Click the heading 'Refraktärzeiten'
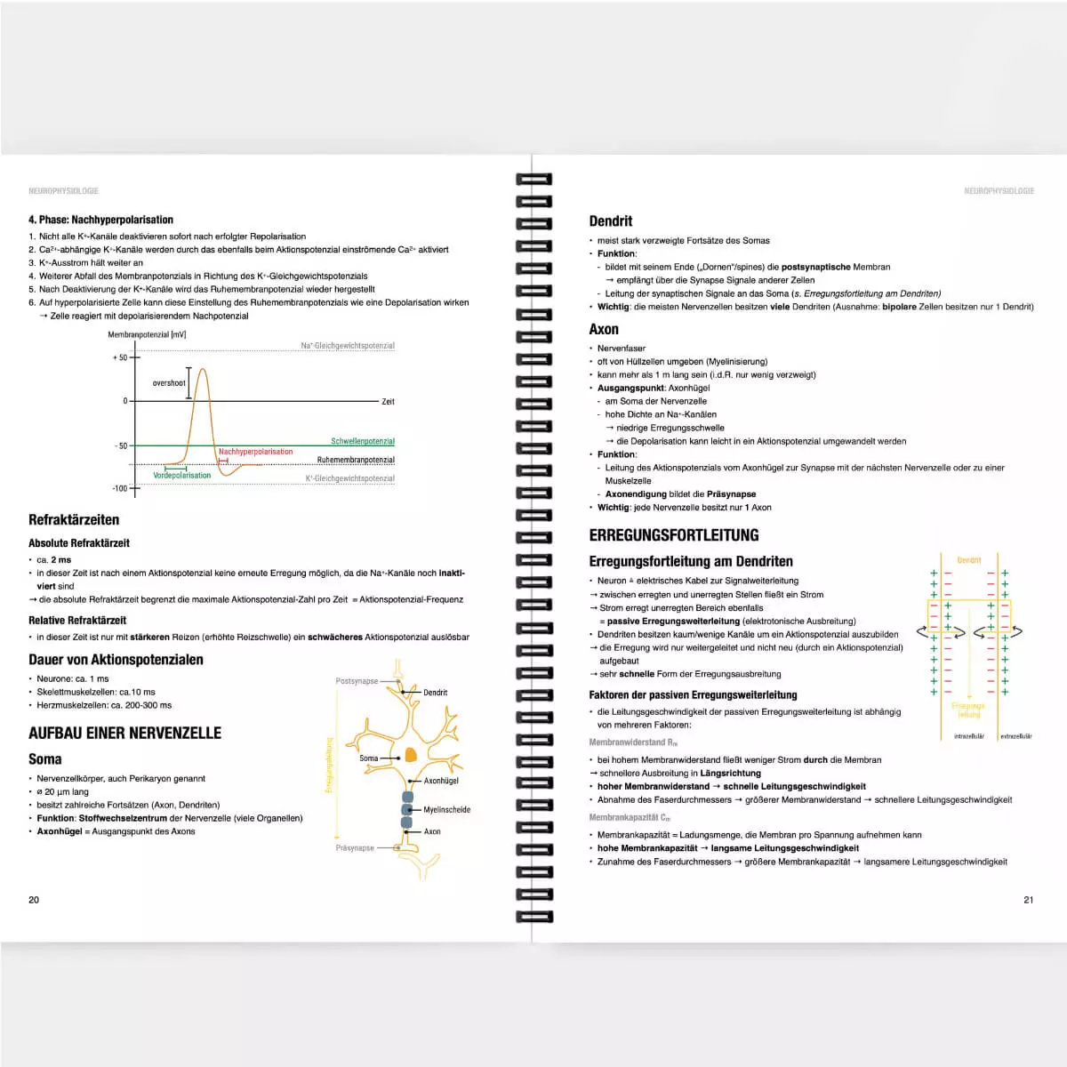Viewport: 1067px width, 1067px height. (74, 520)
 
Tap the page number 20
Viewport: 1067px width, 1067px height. (34, 900)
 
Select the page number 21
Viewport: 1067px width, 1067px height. (1028, 900)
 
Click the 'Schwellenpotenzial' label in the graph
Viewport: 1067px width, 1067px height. (363, 441)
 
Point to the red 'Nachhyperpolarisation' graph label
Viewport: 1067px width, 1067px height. (255, 452)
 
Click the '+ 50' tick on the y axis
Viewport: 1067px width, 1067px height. (120, 357)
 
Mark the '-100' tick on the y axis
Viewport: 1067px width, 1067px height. (120, 488)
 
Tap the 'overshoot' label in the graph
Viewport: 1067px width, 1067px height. (169, 383)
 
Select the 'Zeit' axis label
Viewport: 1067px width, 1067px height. (388, 402)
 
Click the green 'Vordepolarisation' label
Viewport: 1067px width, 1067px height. (182, 476)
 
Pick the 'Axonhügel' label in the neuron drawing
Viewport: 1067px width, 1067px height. (441, 781)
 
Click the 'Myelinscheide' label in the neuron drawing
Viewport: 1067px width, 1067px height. (446, 810)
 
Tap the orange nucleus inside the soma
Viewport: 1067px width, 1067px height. (411, 755)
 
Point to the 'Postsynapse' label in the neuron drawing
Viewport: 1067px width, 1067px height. (357, 681)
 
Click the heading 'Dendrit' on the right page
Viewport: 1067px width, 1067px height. (611, 221)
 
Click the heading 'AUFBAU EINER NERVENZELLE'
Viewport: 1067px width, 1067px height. (125, 734)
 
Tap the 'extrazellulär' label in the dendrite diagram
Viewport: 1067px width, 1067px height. (1015, 736)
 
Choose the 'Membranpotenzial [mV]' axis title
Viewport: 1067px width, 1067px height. (147, 335)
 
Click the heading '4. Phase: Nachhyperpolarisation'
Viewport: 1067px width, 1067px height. (100, 220)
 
